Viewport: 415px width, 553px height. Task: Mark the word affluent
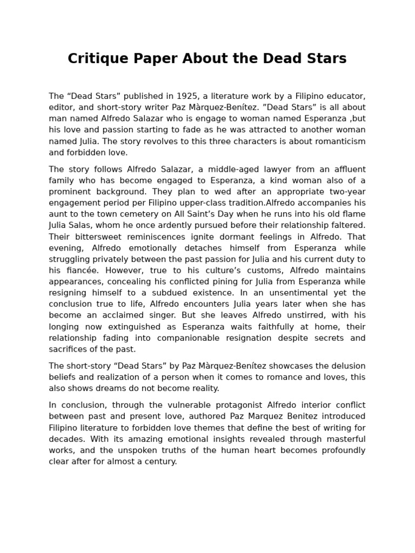click(x=345, y=169)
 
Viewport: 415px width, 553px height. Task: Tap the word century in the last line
click(x=161, y=462)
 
